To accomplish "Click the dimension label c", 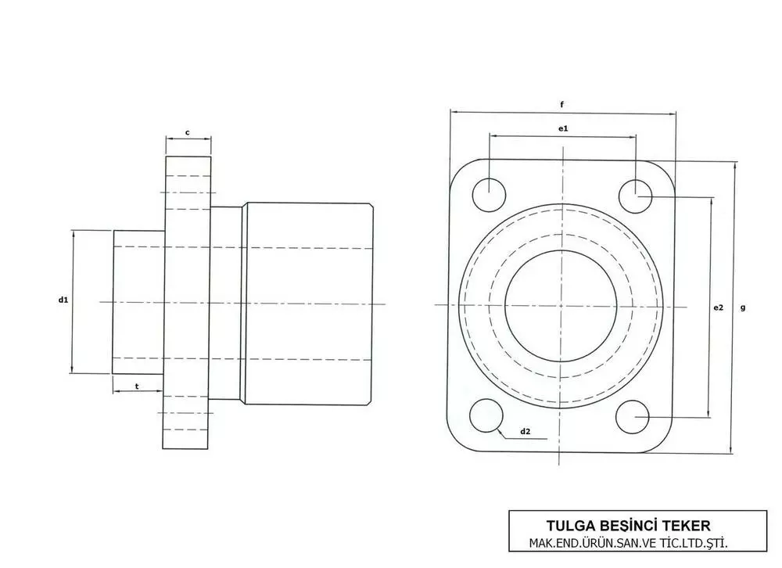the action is pos(188,133).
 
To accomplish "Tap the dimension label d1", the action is pos(63,300).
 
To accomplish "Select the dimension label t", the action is pos(137,386).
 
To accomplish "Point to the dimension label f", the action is pos(562,104).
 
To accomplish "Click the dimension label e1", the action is pos(563,128).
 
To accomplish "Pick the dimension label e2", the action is pos(718,307).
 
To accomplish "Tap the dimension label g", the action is pos(743,307).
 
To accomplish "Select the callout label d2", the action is pos(526,431).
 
